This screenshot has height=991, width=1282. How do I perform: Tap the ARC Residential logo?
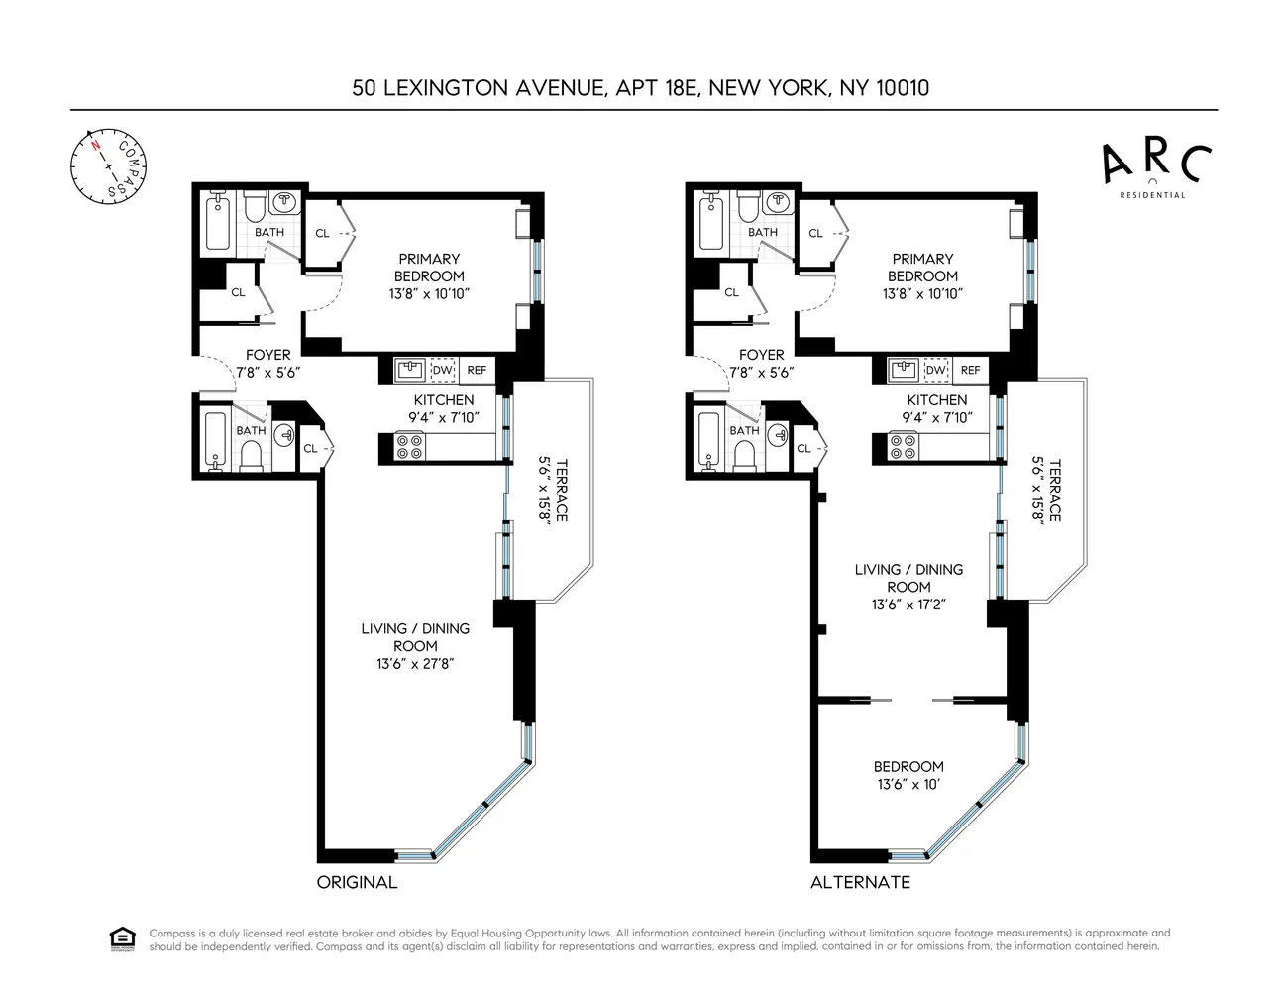pos(1156,167)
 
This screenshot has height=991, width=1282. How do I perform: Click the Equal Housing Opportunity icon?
pos(122,938)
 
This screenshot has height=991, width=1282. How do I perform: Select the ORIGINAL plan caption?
pos(357,882)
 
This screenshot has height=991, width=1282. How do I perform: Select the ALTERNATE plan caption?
pos(860,882)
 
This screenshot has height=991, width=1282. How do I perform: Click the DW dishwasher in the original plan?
pos(442,370)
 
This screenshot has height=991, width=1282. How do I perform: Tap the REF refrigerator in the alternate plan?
pos(970,370)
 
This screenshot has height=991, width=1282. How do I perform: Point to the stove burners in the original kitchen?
pos(409,447)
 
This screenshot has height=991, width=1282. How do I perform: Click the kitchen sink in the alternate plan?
pos(904,370)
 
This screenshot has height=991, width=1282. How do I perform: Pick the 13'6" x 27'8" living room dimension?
pos(415,663)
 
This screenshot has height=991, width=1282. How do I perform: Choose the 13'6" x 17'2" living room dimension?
pos(908,604)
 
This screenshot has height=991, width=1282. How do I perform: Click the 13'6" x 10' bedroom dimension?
pos(908,784)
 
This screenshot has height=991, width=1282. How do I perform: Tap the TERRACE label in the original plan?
pos(561,490)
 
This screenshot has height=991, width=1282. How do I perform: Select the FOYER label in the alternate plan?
pos(761,354)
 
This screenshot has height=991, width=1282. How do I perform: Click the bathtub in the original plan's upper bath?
pos(218,223)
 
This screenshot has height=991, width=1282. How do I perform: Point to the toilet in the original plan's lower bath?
pos(252,455)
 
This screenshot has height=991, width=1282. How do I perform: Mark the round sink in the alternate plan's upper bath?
pos(779,202)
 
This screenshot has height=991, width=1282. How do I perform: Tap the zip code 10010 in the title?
pos(902,87)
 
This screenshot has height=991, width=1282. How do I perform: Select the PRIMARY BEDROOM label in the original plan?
pos(429,268)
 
